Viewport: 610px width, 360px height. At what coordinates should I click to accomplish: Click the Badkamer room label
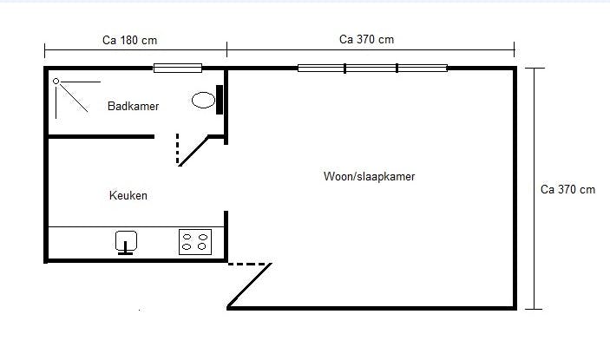tap(133, 106)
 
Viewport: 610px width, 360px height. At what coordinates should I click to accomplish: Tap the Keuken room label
tap(128, 196)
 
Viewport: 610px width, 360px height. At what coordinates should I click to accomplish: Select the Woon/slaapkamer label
tap(369, 176)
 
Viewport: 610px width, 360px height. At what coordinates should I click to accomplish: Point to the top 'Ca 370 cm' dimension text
tap(366, 39)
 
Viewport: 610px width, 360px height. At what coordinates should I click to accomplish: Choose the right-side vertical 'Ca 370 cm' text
tap(567, 189)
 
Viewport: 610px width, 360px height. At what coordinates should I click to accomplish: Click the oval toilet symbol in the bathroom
tap(203, 100)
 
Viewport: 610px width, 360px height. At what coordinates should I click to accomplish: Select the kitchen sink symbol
tap(127, 241)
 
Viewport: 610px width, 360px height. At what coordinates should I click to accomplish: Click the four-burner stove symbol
tap(195, 241)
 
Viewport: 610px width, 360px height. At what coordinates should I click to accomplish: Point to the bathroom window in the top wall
tap(178, 68)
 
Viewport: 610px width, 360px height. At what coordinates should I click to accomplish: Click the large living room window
tap(372, 68)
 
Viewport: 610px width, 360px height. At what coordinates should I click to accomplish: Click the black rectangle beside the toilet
tap(220, 99)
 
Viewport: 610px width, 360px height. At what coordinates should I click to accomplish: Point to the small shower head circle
tap(56, 82)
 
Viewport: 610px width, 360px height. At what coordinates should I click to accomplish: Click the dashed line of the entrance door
tap(250, 265)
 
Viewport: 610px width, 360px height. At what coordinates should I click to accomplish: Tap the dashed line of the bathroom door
tap(178, 148)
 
